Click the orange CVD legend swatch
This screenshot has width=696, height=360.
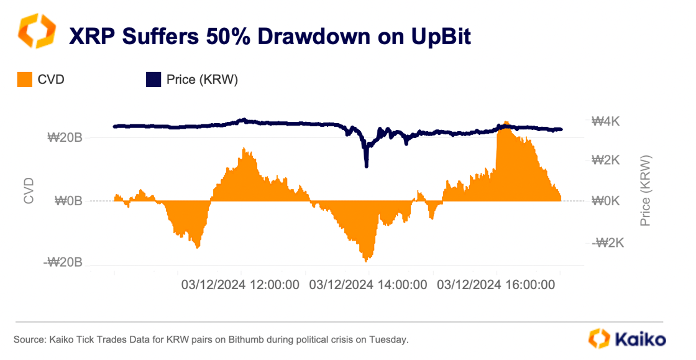click(x=23, y=80)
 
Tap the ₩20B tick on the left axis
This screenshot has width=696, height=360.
click(x=65, y=137)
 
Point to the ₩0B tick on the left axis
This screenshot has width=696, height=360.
click(x=68, y=201)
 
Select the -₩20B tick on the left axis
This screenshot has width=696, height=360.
click(x=63, y=263)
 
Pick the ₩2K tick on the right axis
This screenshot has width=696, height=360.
click(x=605, y=160)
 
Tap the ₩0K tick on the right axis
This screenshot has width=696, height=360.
click(x=605, y=201)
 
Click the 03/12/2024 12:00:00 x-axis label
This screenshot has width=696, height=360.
click(x=240, y=285)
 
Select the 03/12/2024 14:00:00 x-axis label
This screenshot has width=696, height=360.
click(x=368, y=285)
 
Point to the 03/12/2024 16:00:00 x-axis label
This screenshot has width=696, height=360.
click(x=496, y=285)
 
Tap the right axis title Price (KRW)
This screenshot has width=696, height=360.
click(x=646, y=190)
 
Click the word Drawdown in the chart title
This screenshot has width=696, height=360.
click(x=311, y=36)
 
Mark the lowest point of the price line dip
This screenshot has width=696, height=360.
click(x=367, y=166)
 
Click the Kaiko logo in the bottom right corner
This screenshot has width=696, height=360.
click(x=628, y=339)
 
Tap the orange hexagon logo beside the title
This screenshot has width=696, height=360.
click(x=37, y=32)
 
